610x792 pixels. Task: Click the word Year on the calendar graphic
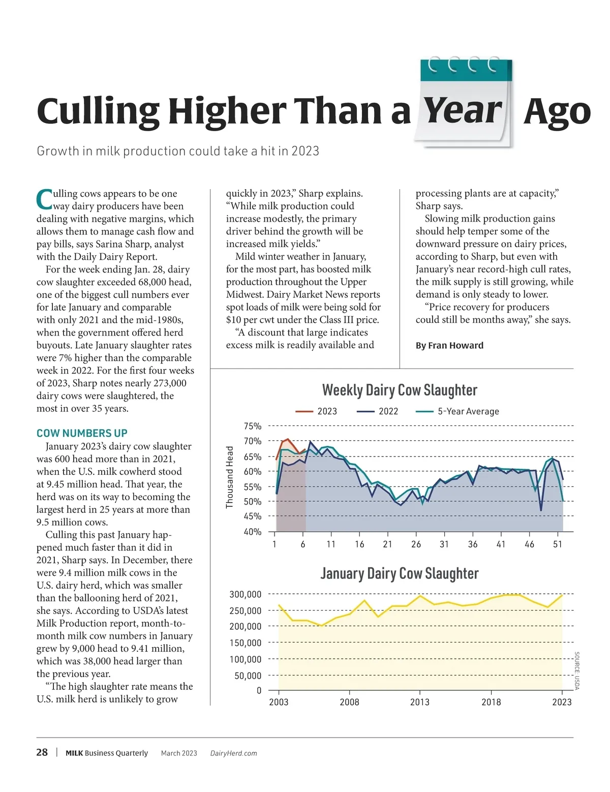tap(463, 111)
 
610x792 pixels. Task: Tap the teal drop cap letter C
tap(44, 199)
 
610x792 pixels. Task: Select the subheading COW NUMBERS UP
tap(82, 433)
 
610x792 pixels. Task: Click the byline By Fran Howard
tap(449, 345)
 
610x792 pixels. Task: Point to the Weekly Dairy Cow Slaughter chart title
tap(400, 390)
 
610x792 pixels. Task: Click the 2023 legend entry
tap(317, 411)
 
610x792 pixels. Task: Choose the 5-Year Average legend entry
tap(458, 411)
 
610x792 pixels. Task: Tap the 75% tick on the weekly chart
tap(253, 426)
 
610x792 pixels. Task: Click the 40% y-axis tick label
tap(253, 532)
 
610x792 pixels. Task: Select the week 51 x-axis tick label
tap(558, 544)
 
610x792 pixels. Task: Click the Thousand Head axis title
tap(230, 477)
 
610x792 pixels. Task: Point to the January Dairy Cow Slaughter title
tap(400, 573)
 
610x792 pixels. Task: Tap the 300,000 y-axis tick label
tap(246, 594)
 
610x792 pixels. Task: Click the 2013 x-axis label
tap(420, 702)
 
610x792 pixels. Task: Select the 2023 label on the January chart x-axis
tap(562, 702)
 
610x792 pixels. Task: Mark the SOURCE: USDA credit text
tap(576, 671)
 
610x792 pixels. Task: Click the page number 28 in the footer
tap(42, 752)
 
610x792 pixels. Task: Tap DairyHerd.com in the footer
tap(233, 753)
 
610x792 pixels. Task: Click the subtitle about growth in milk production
tap(178, 151)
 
